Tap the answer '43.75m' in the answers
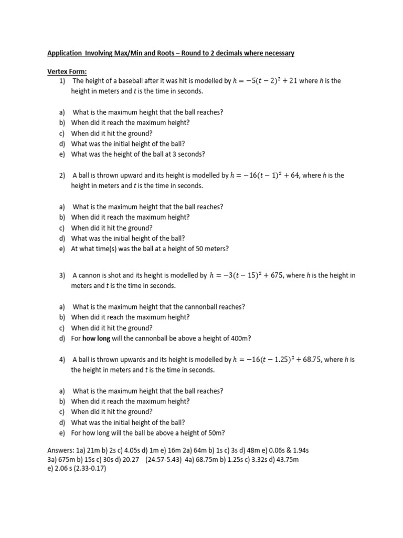tap(287, 459)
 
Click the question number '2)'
tap(62, 175)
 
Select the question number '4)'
tap(62, 359)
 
